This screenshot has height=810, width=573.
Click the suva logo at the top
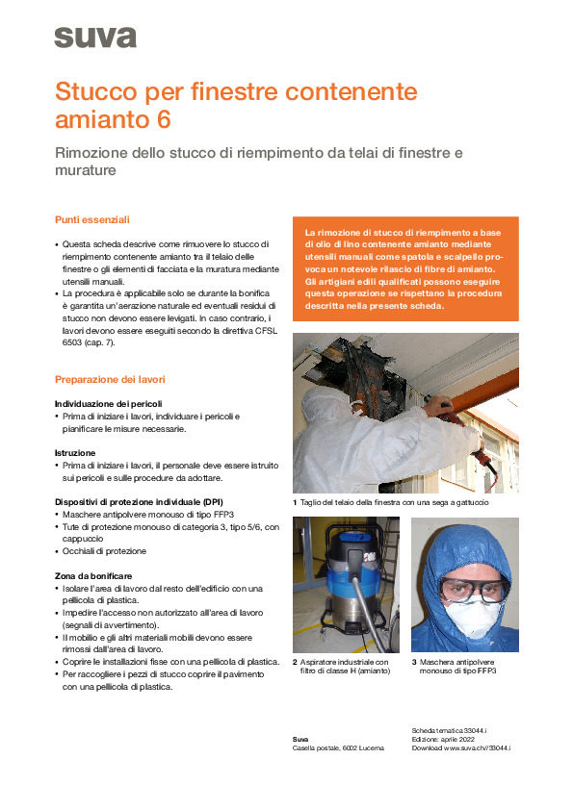point(94,38)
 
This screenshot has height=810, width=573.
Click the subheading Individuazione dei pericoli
point(108,402)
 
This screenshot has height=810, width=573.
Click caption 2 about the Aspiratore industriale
point(343,667)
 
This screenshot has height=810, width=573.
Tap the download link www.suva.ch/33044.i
point(475,747)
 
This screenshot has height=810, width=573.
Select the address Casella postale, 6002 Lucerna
point(337,747)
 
